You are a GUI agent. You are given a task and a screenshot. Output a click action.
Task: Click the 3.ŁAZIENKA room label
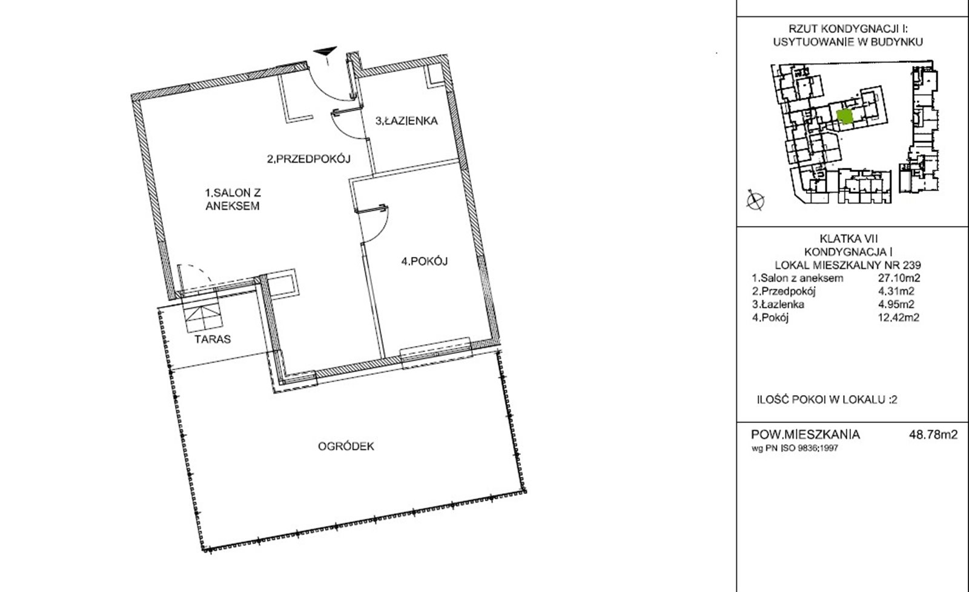pyautogui.click(x=406, y=121)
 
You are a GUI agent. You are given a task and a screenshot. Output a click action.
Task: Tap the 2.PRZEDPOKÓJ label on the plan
pyautogui.click(x=308, y=159)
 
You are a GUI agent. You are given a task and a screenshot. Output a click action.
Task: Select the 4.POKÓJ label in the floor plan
pyautogui.click(x=425, y=261)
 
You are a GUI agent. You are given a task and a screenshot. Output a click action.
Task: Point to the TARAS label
pyautogui.click(x=213, y=339)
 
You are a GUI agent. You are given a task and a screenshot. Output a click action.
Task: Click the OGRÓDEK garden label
pyautogui.click(x=346, y=446)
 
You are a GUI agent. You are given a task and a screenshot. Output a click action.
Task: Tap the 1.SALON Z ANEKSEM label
pyautogui.click(x=233, y=199)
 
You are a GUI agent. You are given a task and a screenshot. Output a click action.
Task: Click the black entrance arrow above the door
pyautogui.click(x=326, y=52)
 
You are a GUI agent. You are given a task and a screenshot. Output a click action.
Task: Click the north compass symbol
pyautogui.click(x=755, y=201)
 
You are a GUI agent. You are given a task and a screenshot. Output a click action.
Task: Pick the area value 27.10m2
pyautogui.click(x=896, y=278)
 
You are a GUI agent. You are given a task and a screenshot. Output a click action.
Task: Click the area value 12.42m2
pyautogui.click(x=899, y=318)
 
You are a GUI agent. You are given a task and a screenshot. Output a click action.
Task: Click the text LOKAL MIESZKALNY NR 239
pyautogui.click(x=848, y=265)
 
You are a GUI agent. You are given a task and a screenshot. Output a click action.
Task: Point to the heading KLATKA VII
pyautogui.click(x=848, y=239)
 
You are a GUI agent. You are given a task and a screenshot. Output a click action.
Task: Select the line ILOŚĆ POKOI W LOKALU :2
pyautogui.click(x=827, y=399)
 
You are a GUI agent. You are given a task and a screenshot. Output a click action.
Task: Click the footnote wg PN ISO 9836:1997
pyautogui.click(x=795, y=448)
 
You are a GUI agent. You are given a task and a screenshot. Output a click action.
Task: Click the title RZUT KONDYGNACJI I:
pyautogui.click(x=848, y=29)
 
